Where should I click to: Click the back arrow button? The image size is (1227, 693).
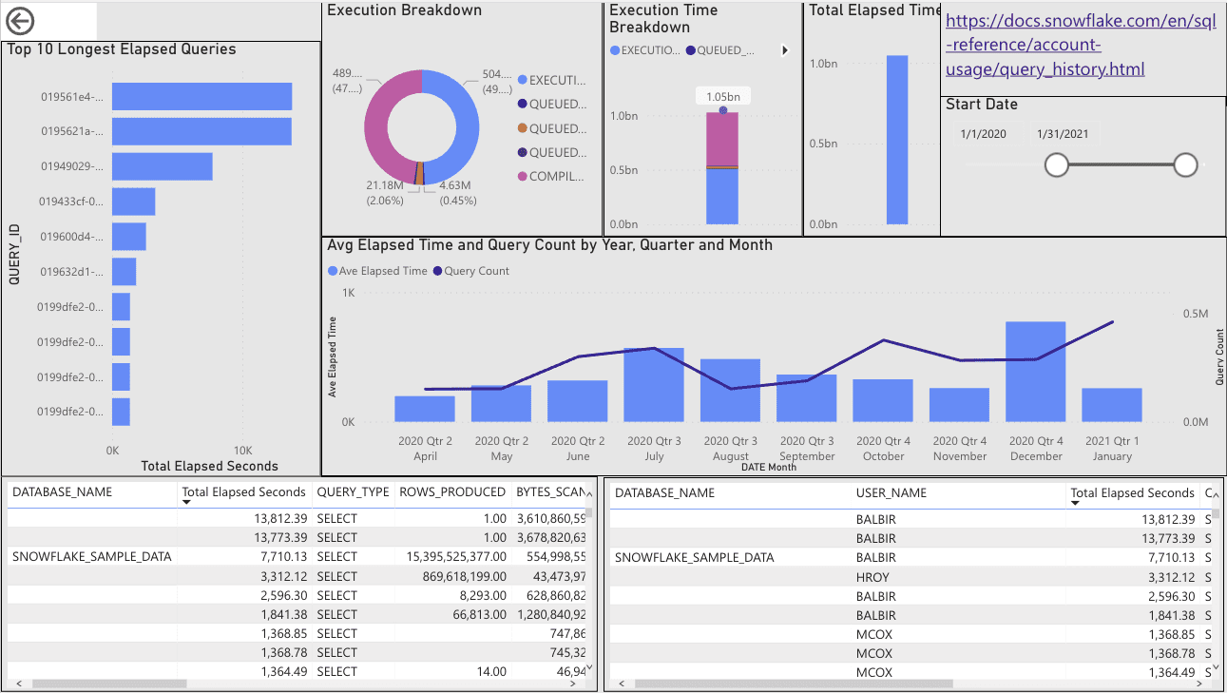[x=20, y=21]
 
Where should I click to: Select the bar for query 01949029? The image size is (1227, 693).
[x=162, y=166]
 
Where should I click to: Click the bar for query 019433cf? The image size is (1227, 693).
[x=133, y=202]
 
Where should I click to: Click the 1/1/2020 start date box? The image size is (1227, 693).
[x=983, y=134]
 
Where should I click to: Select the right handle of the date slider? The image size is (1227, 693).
[x=1185, y=165]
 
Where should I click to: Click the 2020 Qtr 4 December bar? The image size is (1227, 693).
[x=1035, y=372]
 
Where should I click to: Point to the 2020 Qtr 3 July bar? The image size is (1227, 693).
[x=653, y=385]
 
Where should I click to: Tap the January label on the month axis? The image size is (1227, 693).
[x=1112, y=456]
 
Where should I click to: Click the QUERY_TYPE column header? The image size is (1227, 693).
[x=352, y=492]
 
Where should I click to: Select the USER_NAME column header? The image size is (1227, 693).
[x=891, y=492]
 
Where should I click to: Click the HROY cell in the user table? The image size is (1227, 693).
[x=872, y=577]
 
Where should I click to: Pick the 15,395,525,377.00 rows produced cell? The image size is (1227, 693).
[x=451, y=557]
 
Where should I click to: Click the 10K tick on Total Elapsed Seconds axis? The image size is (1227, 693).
[x=242, y=450]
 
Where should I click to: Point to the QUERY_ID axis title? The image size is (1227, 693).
[x=15, y=255]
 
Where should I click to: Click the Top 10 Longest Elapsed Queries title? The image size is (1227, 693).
[x=122, y=49]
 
